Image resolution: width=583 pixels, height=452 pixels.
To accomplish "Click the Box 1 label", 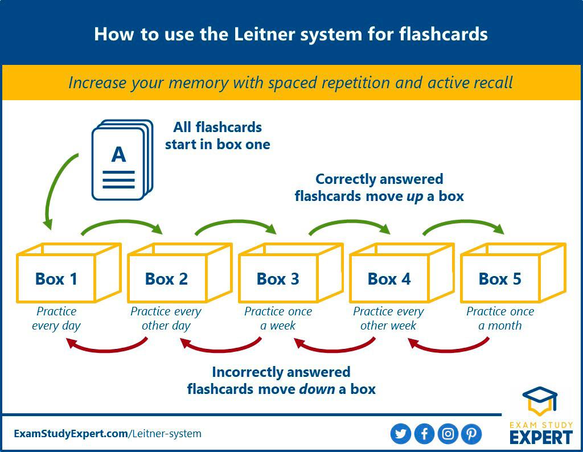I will point(56,279).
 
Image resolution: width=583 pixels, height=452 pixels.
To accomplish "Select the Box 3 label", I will point(278,279).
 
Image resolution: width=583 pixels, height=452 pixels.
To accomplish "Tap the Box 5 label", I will point(500,279).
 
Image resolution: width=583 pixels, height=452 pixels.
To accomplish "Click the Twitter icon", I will point(401,434).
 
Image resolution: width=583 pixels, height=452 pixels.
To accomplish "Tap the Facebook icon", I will point(424,434).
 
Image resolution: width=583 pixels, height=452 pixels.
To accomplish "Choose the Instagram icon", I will point(448,434).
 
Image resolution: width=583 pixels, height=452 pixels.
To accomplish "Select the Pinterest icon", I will point(471,434).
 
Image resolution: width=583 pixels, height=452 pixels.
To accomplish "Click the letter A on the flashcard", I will point(118,154).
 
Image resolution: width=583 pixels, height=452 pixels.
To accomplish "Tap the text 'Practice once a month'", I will point(500,319).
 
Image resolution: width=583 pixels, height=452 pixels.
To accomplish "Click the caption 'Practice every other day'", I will point(166,319).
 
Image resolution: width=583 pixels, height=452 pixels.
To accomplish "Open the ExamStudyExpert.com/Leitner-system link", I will point(108,434).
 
